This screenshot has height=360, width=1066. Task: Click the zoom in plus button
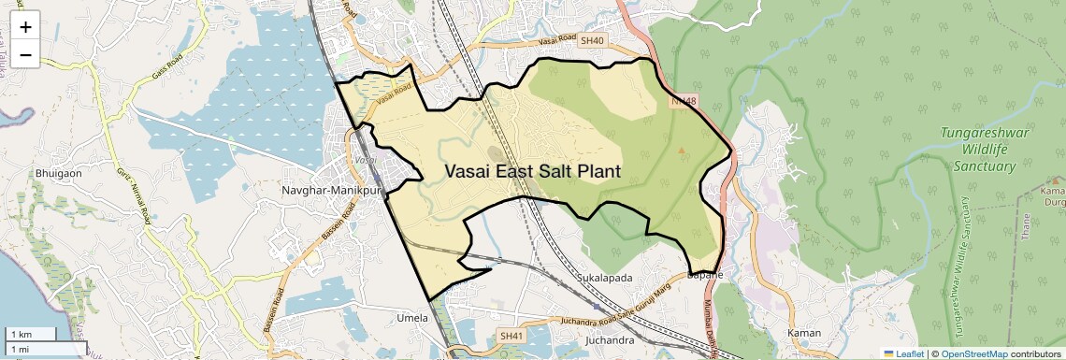point(25,27)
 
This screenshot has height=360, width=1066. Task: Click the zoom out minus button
point(25,55)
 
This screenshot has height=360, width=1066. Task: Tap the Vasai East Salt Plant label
point(533,171)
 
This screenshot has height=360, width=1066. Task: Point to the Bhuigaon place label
point(59,173)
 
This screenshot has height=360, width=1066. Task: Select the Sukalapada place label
point(605,279)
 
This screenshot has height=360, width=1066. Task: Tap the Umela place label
point(412,317)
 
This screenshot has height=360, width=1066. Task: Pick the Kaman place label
point(804,333)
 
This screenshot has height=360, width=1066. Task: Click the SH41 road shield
point(511,336)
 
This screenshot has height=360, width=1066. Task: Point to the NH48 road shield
point(684,100)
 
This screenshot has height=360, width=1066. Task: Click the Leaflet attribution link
point(903,353)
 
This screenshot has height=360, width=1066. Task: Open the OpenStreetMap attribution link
point(973,353)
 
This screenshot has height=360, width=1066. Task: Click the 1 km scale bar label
point(21,334)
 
